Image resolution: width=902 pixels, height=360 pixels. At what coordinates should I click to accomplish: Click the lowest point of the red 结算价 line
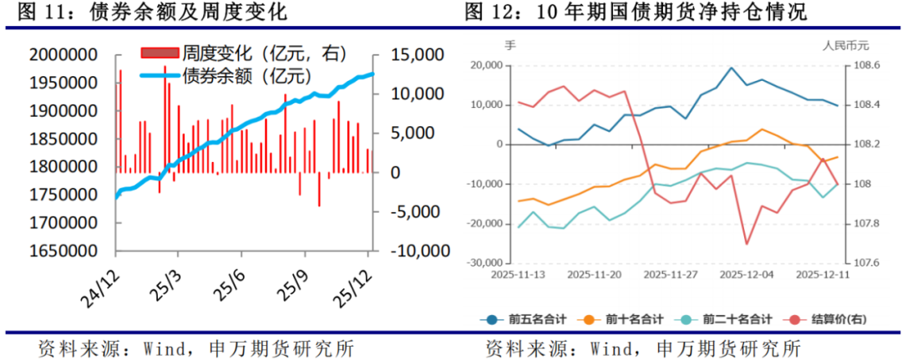[747, 244]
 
